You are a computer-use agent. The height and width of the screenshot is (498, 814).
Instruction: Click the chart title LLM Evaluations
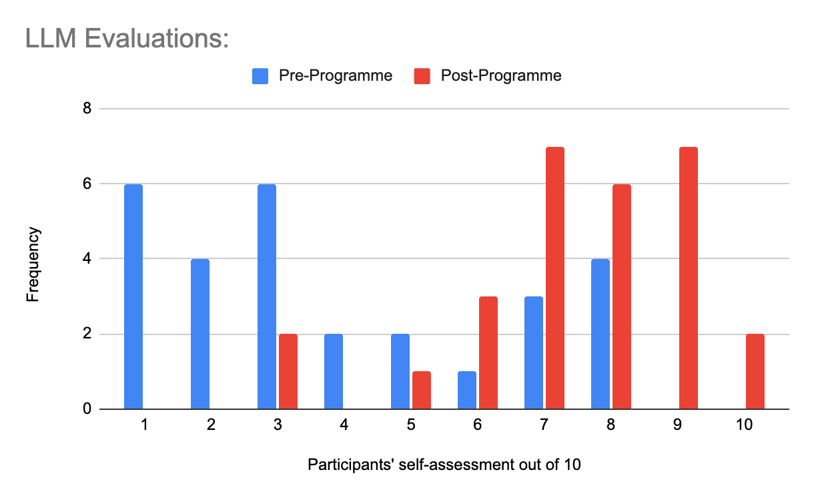coord(127,39)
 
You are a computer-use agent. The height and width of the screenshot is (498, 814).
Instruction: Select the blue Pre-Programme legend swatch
coord(260,76)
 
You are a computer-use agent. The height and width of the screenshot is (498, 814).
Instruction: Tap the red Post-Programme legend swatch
coord(422,76)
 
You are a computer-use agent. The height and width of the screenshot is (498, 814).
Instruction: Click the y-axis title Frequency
coord(33,264)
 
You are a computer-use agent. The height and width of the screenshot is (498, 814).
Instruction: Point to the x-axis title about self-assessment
coord(444,465)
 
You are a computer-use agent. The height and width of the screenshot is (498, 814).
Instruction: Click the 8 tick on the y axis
coord(87,108)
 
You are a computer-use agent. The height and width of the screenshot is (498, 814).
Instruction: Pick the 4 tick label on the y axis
coord(87,258)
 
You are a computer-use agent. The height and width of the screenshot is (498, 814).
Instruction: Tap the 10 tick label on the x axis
coord(744,425)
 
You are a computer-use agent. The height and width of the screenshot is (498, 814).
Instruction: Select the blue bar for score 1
coord(133,296)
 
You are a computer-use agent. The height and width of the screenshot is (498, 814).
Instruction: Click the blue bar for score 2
coord(200,334)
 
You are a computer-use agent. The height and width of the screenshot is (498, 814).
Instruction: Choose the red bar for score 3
coord(288,372)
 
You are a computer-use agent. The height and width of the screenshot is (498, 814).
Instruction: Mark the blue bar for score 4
coord(334,372)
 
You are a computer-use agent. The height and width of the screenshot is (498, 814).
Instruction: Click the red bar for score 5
coord(422,391)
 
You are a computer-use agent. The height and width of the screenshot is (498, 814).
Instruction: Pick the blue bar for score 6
coord(467,391)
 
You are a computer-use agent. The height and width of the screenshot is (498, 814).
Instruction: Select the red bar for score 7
coord(555,278)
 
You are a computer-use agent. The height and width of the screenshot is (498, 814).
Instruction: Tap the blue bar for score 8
coord(600,334)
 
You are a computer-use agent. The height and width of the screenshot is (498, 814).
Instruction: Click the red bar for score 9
coord(689,278)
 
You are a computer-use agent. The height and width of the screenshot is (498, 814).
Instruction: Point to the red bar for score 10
coord(755,372)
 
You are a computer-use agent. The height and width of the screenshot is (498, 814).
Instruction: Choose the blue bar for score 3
coord(267,296)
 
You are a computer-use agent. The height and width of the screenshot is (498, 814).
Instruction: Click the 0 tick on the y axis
coord(87,409)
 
